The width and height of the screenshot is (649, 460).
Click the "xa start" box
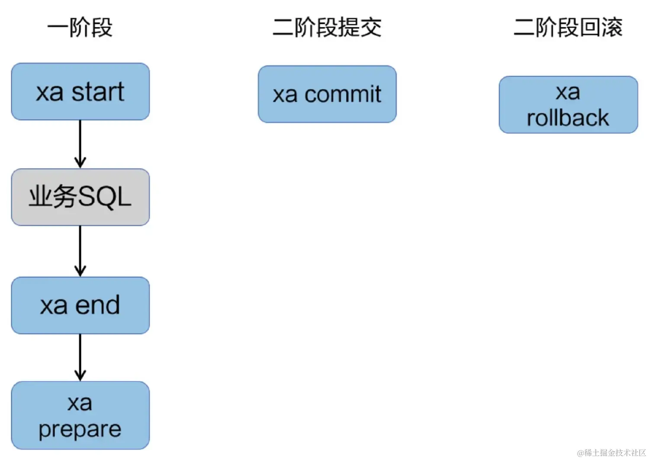click(80, 91)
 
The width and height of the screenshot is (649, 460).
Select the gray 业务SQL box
click(80, 197)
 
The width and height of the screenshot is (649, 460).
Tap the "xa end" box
click(80, 305)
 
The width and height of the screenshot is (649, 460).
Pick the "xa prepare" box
click(80, 415)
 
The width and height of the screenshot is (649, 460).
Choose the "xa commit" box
click(327, 94)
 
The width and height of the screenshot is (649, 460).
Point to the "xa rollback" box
click(568, 105)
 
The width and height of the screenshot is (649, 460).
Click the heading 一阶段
click(80, 27)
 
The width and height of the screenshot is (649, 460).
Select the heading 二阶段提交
click(327, 27)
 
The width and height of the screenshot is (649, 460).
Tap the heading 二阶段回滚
click(568, 27)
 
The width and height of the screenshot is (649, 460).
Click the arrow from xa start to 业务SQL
click(80, 144)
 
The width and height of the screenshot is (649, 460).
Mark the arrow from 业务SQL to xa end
click(80, 251)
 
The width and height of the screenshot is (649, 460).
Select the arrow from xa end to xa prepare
click(80, 357)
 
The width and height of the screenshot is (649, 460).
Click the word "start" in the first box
click(98, 92)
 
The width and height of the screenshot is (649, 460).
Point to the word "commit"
click(343, 94)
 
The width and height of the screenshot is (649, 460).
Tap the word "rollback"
click(568, 118)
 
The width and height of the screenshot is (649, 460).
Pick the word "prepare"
click(80, 429)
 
